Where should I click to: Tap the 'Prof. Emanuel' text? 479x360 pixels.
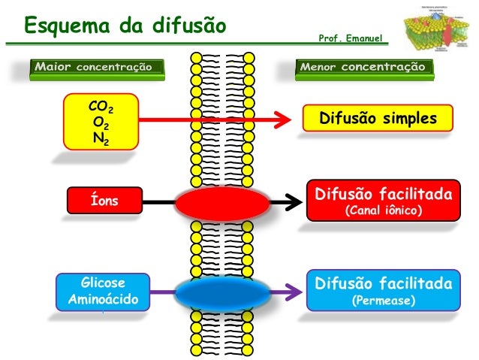(351, 36)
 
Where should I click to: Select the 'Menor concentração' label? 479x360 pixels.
(363, 68)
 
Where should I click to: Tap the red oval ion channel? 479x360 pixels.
(221, 203)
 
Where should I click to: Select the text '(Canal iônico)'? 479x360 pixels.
(383, 211)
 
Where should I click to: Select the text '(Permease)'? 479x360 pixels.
(383, 301)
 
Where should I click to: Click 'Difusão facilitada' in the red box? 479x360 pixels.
(383, 195)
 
